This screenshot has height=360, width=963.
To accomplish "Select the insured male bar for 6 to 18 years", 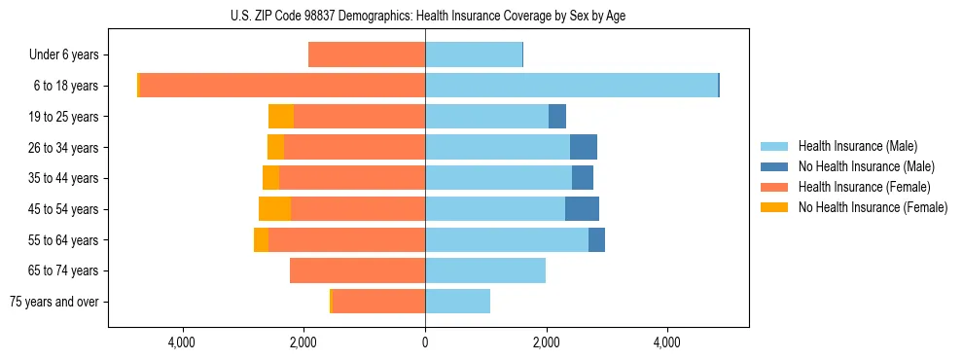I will (x=571, y=86).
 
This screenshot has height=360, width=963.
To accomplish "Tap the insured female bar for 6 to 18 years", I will (x=282, y=86).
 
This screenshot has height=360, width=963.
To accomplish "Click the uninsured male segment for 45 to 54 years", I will (x=582, y=209).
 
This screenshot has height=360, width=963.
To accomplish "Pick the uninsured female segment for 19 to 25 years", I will (x=281, y=117).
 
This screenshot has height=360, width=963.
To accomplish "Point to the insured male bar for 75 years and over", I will (x=457, y=302).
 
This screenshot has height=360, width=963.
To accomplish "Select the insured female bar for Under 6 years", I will (x=367, y=54).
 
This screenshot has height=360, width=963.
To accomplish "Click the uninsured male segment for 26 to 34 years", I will (x=584, y=148).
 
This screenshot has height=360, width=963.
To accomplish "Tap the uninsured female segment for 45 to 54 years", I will (x=274, y=209).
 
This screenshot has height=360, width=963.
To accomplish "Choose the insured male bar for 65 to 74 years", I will (x=485, y=270).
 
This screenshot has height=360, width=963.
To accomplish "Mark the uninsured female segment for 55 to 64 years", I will (x=261, y=240).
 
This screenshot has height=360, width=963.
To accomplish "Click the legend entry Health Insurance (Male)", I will (x=857, y=146).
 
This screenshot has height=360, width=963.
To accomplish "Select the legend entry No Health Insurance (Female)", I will (x=873, y=207).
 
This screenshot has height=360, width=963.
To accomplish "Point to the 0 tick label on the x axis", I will (x=425, y=342).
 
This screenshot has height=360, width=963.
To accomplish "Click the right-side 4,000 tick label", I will (x=667, y=342).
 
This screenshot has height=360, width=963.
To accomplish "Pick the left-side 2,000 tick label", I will (x=303, y=342).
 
